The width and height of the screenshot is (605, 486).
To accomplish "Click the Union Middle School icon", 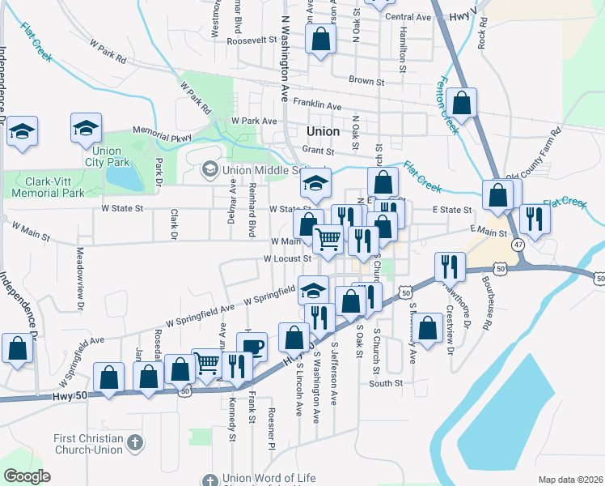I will coord(210,169).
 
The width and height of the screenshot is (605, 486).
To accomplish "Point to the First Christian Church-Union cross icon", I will coord(135,443).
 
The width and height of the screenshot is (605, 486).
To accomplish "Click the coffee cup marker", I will coord(252,347).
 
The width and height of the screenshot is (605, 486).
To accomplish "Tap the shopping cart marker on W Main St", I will coord(327,239).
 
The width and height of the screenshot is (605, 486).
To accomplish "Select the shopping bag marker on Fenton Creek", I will coord(460,103).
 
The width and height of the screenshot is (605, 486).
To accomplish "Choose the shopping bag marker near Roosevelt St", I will coord(320,39).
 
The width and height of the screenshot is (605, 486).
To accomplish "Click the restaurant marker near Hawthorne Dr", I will coord(449,266).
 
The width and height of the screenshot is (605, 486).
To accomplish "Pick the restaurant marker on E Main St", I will coord(535,218).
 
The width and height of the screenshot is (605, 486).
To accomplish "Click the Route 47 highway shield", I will coord(518,244).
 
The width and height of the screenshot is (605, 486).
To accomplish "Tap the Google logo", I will coord(26,475).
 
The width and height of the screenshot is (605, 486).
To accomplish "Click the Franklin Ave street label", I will coord(317,105).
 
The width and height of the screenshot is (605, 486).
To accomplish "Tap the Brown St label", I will coord(366,80).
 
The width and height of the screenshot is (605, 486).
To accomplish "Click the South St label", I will coord(387,383).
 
